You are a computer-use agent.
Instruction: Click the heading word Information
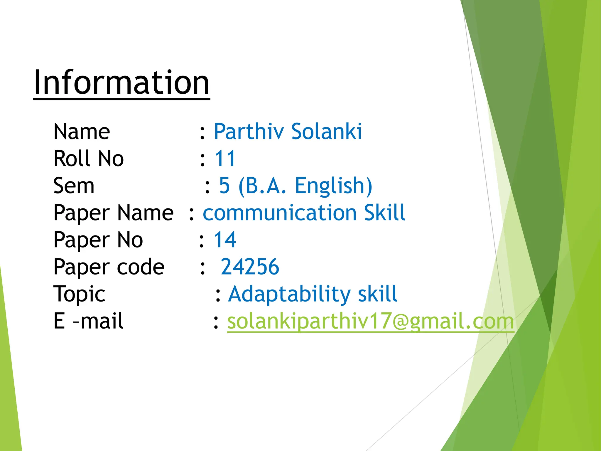pyautogui.click(x=121, y=83)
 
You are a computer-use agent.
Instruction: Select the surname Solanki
pyautogui.click(x=326, y=132)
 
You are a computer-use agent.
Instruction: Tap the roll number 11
pyautogui.click(x=225, y=159)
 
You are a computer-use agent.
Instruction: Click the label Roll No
pyautogui.click(x=89, y=159)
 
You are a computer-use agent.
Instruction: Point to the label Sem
pyautogui.click(x=74, y=186)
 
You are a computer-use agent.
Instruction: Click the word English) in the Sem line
pyautogui.click(x=333, y=186)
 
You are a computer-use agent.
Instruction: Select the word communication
pyautogui.click(x=280, y=213)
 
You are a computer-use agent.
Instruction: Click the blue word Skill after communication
pyautogui.click(x=384, y=213)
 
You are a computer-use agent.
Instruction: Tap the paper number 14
pyautogui.click(x=225, y=240)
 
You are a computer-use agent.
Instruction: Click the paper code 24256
pyautogui.click(x=250, y=267)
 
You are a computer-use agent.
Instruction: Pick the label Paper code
pyautogui.click(x=109, y=267)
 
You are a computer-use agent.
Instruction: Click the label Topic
pyautogui.click(x=79, y=294)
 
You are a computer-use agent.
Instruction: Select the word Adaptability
pyautogui.click(x=289, y=294)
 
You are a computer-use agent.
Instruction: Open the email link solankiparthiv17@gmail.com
pyautogui.click(x=370, y=322)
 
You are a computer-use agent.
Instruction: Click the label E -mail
pyautogui.click(x=88, y=321)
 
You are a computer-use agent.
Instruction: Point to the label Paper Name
pyautogui.click(x=114, y=213)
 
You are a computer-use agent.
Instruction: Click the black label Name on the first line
pyautogui.click(x=82, y=132)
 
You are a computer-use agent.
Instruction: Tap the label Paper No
pyautogui.click(x=98, y=240)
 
